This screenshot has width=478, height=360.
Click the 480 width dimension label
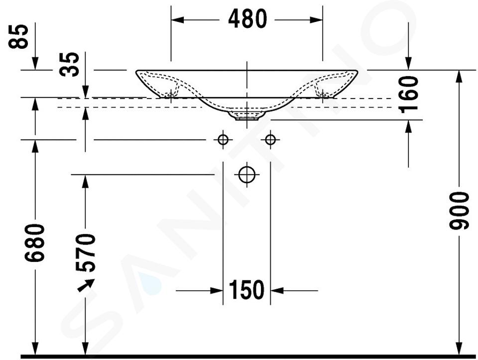(247, 19)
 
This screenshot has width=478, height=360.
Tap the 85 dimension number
(18, 36)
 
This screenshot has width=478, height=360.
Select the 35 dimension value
(70, 64)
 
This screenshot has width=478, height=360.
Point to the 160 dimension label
(409, 95)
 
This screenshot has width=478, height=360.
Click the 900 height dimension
(459, 211)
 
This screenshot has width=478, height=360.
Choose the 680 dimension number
(34, 243)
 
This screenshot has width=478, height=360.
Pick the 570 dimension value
(85, 253)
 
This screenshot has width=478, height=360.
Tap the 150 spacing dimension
(246, 290)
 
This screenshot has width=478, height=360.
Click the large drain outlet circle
(247, 175)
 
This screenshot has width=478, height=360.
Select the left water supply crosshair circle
(223, 140)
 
